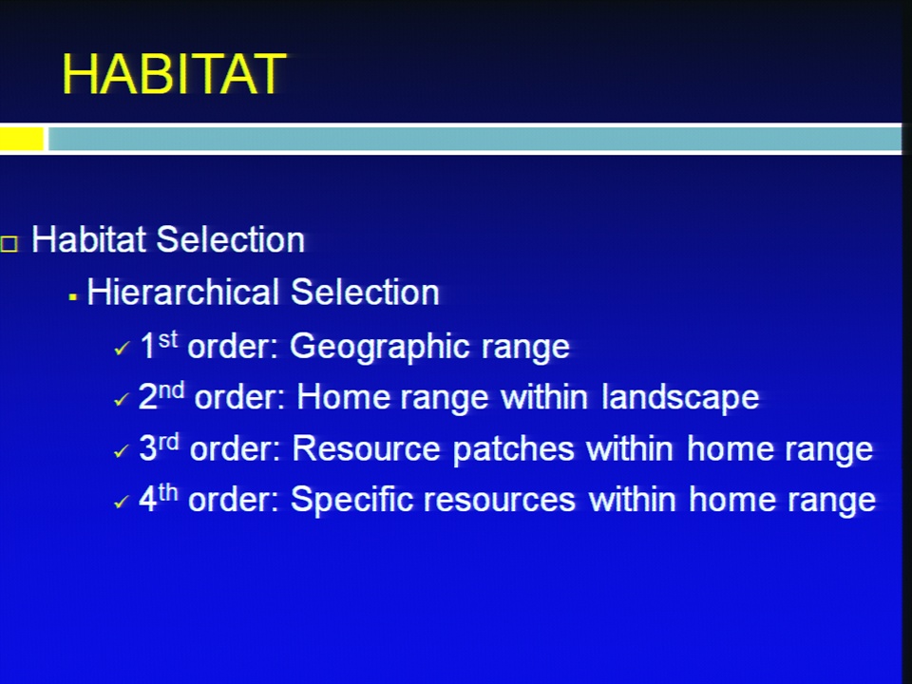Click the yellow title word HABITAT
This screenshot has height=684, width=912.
[x=174, y=73]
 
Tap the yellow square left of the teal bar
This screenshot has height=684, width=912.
[x=22, y=139]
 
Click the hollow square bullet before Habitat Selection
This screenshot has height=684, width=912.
[x=9, y=243]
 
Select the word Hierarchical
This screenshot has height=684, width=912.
[x=183, y=292]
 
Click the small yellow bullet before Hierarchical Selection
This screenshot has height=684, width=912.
[x=73, y=297]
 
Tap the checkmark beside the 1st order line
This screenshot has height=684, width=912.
[x=123, y=349]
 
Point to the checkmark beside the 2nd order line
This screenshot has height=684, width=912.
[x=123, y=400]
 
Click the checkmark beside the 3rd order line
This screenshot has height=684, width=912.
[x=123, y=450]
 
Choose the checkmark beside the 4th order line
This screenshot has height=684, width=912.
[x=123, y=502]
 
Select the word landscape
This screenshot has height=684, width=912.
[x=680, y=397]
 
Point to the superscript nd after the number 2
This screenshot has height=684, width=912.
[x=172, y=389]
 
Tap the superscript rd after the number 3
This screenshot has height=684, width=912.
[x=168, y=442]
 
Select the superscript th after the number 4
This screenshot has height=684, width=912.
[x=167, y=492]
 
